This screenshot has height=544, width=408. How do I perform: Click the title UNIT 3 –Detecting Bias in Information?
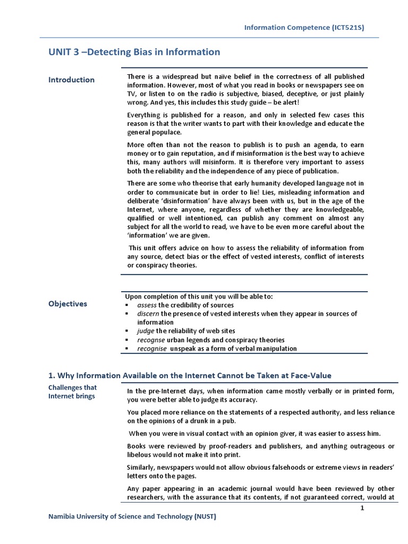134,52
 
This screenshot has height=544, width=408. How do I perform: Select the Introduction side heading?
72,80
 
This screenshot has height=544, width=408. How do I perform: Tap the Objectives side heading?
68,304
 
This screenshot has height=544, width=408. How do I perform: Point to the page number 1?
362,508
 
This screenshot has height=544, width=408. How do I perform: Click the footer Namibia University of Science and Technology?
132,516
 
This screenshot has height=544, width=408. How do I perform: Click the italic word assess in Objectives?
147,305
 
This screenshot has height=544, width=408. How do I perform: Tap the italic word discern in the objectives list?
148,313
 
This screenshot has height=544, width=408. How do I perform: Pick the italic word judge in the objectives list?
146,331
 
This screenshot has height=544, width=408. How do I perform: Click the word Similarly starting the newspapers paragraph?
141,467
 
